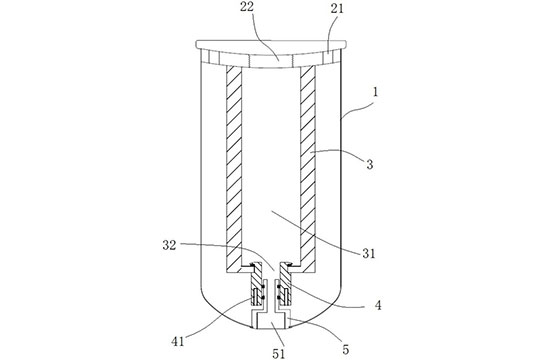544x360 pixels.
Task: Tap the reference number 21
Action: [x=337, y=9]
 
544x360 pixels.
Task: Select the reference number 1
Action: [x=375, y=92]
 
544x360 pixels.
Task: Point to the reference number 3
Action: [x=370, y=164]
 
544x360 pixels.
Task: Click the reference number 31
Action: [x=369, y=254]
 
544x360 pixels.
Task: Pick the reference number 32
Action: [x=169, y=245]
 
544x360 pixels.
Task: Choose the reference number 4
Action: [x=378, y=306]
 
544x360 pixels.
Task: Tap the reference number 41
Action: [x=177, y=342]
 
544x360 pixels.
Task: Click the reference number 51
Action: [x=278, y=353]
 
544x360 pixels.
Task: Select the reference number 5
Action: [x=346, y=350]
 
